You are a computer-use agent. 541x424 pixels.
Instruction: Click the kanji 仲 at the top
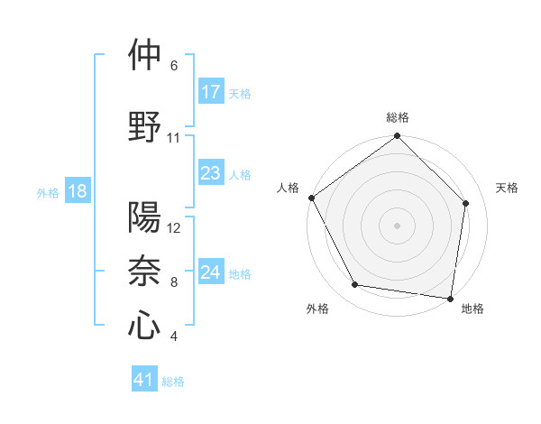coord(144,55)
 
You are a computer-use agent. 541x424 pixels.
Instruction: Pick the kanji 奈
coord(144,271)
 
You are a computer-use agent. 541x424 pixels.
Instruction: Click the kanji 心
coord(144,325)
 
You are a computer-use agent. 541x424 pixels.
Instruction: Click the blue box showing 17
coord(211,91)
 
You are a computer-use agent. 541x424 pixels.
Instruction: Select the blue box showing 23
coord(211,173)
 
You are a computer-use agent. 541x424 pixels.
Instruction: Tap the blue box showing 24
coord(211,272)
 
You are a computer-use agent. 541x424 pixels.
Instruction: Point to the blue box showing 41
coord(144,380)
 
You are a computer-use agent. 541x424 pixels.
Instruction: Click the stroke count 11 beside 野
coord(173,138)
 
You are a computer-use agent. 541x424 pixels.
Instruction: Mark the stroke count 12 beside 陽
coord(174,228)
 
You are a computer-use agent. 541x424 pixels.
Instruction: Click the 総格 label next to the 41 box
coord(173,382)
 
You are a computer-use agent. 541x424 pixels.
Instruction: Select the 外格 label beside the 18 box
coord(48,193)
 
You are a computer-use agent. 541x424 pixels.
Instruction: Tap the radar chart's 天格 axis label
coord(508,188)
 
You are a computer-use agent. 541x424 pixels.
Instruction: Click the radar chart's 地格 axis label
coord(472,309)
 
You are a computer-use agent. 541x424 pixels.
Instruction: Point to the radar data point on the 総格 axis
coord(397,137)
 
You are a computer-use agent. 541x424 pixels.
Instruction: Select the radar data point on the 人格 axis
coord(311,198)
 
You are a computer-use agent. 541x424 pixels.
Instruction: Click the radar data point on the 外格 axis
coord(355,285)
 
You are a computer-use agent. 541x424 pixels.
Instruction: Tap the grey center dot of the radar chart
coord(397,225)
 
